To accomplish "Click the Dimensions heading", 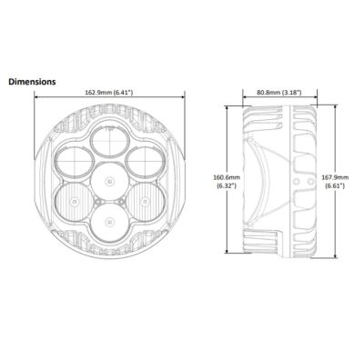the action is [32, 82].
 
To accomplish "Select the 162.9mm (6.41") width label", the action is [108, 93].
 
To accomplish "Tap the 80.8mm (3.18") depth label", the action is [279, 93].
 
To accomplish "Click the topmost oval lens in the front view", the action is [109, 142].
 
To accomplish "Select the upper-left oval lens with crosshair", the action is [75, 163].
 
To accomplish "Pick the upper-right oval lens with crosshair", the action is [146, 163].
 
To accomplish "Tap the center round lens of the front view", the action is [109, 181].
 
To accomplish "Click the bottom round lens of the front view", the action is [109, 223].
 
